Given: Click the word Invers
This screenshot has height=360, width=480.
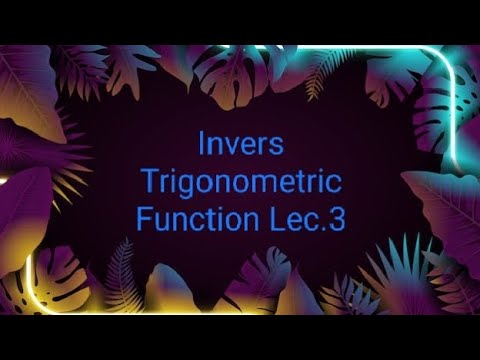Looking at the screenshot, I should pyautogui.click(x=241, y=145).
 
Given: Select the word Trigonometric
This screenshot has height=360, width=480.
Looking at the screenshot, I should pyautogui.click(x=241, y=182).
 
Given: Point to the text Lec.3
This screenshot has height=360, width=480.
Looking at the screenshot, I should pyautogui.click(x=309, y=219).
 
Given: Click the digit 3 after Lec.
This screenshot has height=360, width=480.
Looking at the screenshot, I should pyautogui.click(x=336, y=219).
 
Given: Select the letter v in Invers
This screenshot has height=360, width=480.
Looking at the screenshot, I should pyautogui.click(x=229, y=147).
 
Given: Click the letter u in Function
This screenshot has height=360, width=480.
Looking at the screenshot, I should pyautogui.click(x=163, y=221).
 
